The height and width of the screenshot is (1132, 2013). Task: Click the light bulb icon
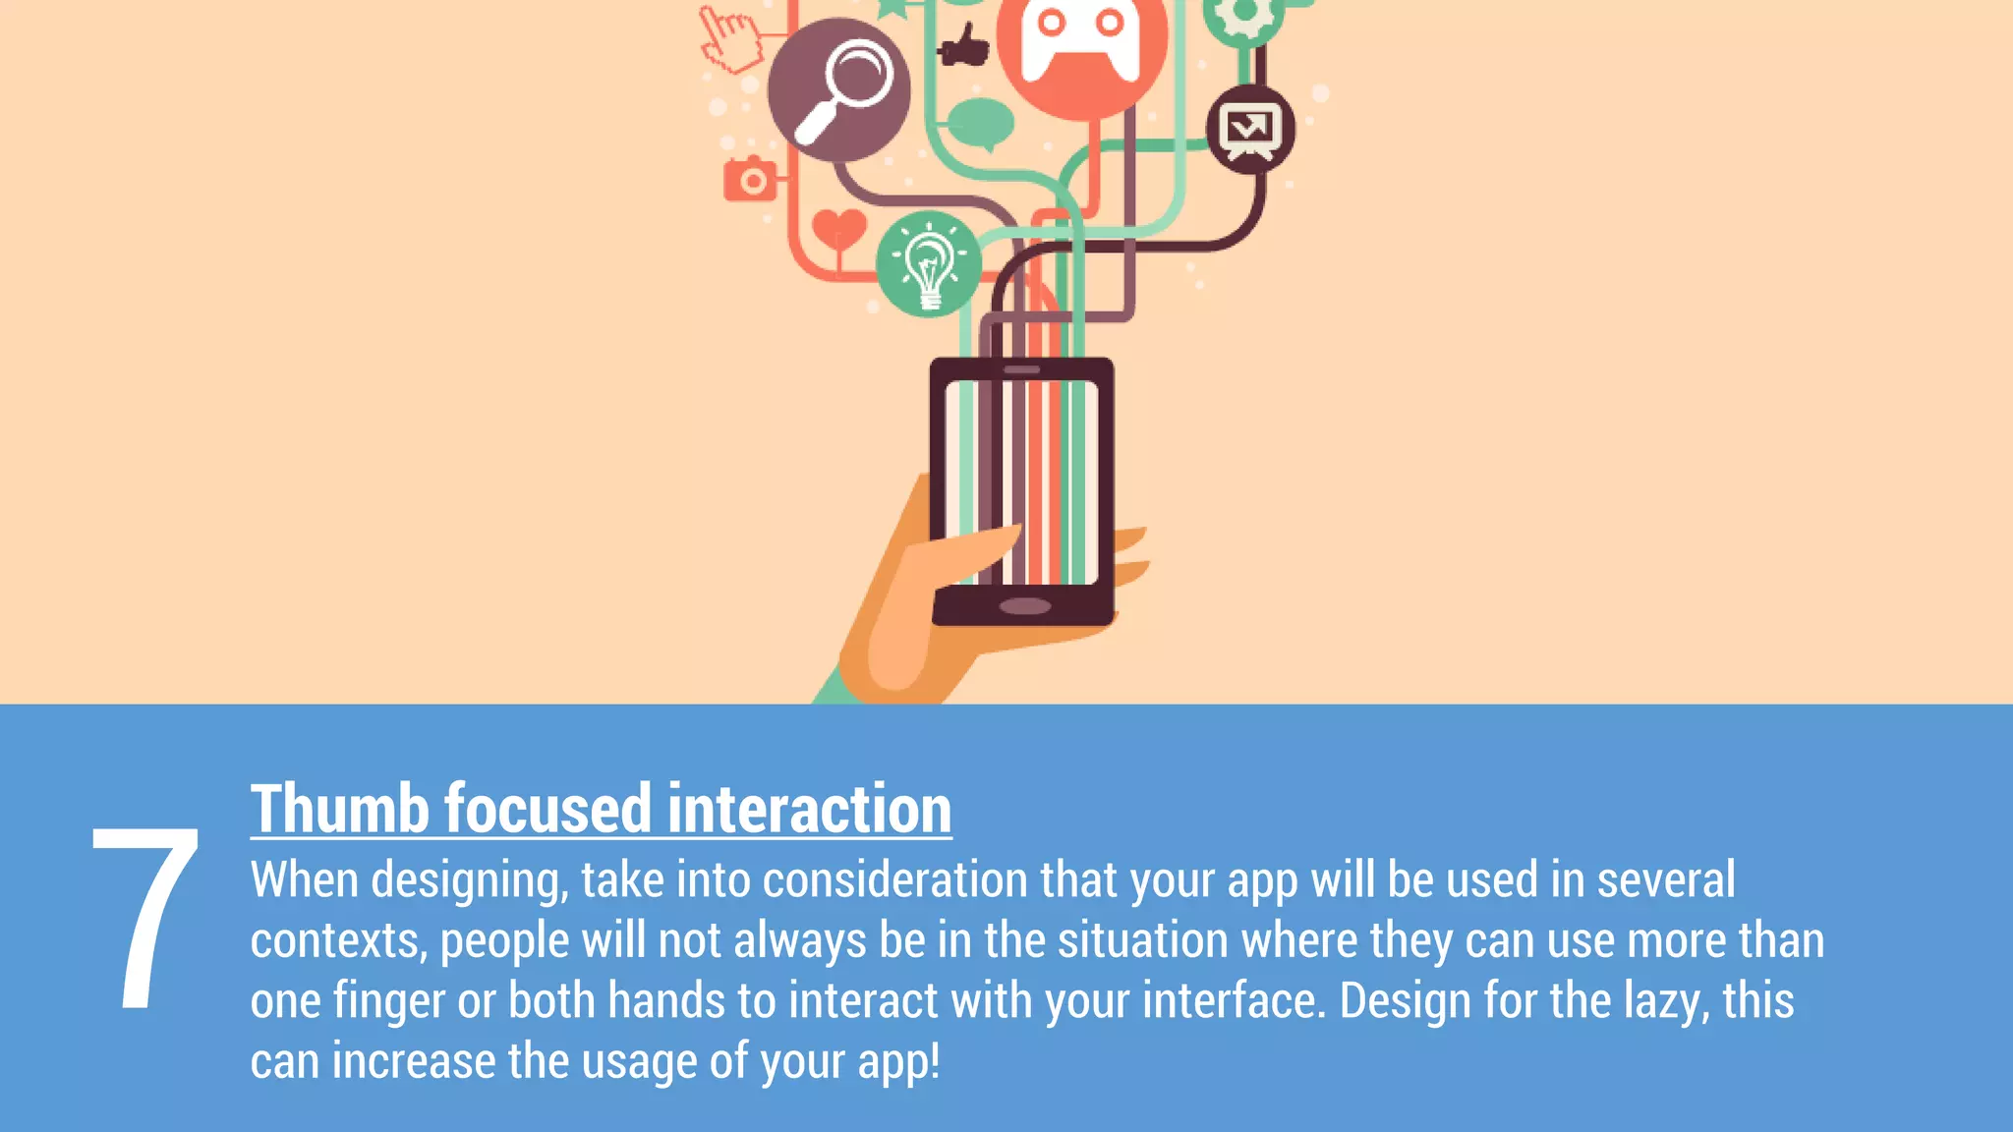928,264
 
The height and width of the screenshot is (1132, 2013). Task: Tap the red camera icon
751,179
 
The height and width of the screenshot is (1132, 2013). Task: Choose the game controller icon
1081,44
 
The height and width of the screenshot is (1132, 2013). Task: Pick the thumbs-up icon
964,45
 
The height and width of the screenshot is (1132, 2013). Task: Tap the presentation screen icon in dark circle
1249,130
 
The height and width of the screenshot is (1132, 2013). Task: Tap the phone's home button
1024,605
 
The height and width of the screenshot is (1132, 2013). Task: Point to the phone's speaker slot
1022,369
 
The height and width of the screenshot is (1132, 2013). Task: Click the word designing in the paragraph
469,880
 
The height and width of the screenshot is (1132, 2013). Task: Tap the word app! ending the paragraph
898,1062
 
